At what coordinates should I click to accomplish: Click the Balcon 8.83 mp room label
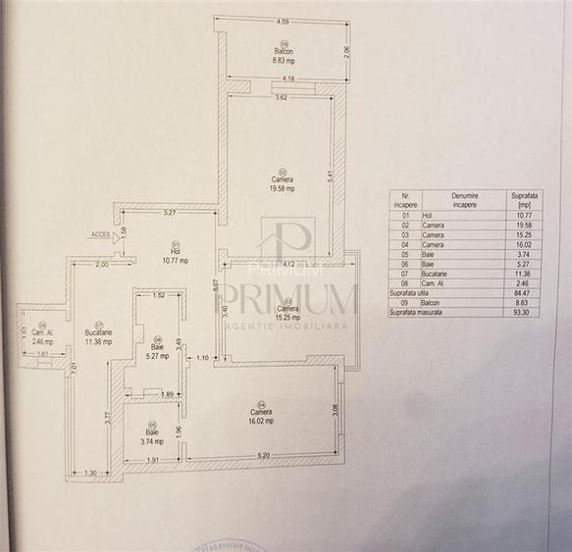[x=284, y=55]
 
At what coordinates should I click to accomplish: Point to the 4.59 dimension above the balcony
[x=283, y=21]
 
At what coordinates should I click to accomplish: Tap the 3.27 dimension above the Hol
[x=169, y=212]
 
